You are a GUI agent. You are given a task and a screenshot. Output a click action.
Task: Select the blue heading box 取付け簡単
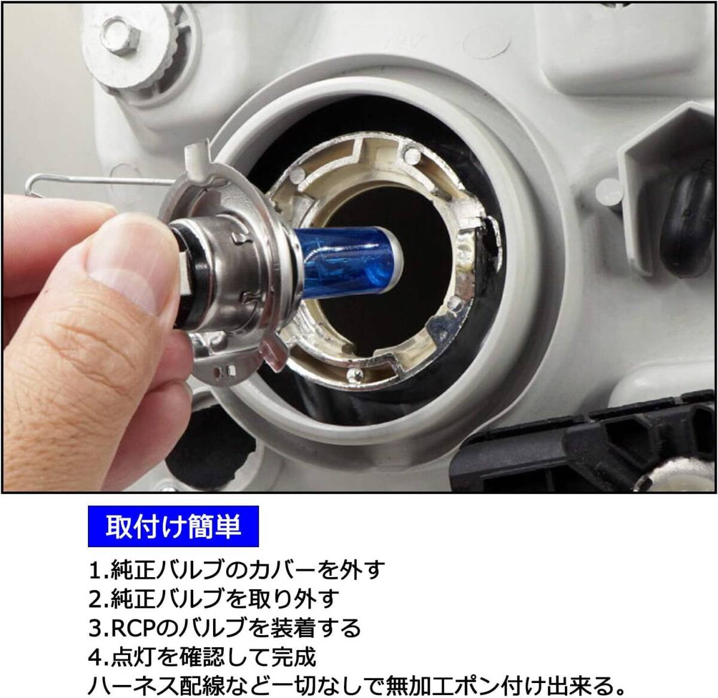point(173,526)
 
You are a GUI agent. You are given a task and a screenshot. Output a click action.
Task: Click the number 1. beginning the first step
point(99,570)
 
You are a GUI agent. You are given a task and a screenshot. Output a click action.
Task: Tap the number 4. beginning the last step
point(99,657)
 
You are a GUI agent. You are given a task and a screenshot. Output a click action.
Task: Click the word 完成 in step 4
point(293,657)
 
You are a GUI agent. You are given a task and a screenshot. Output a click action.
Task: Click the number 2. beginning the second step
point(99,599)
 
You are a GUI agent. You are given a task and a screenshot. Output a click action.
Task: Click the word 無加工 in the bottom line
point(420,686)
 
